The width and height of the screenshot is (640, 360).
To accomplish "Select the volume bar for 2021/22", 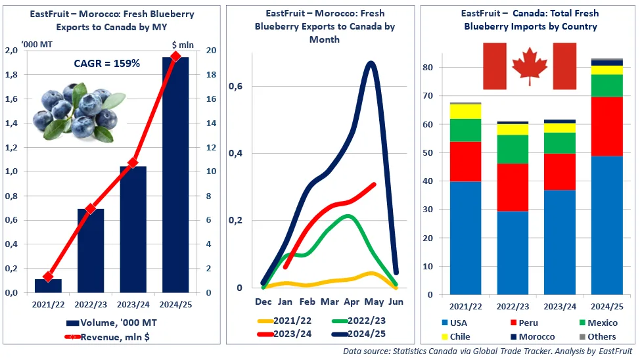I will tap(48, 286).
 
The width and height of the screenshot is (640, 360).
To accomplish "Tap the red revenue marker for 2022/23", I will tap(91, 209).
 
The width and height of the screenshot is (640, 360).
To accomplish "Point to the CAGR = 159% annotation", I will tap(106, 64).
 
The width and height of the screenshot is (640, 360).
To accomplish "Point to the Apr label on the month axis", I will tap(352, 302).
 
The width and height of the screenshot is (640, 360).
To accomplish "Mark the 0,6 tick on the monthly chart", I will tap(235, 86).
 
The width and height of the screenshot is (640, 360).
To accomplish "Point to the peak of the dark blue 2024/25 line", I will tap(371, 63).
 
